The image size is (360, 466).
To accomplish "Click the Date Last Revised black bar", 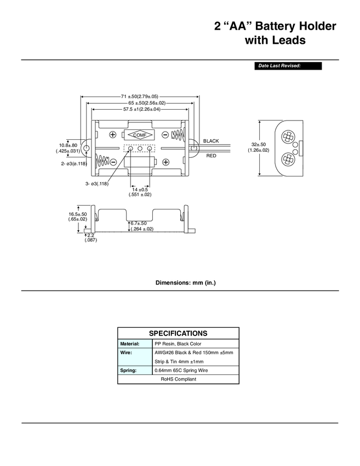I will click(287, 66).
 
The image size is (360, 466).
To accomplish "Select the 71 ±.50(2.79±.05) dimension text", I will click(140, 96).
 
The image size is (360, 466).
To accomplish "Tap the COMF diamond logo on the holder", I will click(140, 135).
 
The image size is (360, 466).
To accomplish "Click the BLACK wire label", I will click(211, 141).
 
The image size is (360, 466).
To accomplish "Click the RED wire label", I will click(211, 156).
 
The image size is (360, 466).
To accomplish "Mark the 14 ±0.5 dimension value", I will click(140, 189).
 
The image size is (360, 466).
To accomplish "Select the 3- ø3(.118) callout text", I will click(96, 183).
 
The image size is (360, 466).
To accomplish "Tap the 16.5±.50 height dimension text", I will click(78, 214).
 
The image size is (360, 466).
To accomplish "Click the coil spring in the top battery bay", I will click(177, 135).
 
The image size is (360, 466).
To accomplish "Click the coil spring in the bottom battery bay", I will click(102, 162).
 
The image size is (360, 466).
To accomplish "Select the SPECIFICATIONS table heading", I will click(178, 333).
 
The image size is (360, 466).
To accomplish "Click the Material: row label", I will click(130, 344).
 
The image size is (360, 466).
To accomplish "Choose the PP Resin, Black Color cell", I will click(179, 344).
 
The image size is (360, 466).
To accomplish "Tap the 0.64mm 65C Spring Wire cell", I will click(181, 371).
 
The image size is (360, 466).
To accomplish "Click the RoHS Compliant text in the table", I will click(178, 379).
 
